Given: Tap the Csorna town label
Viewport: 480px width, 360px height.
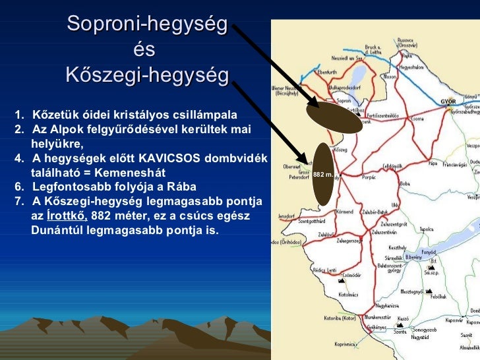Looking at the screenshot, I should pyautogui.click(x=417, y=119).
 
